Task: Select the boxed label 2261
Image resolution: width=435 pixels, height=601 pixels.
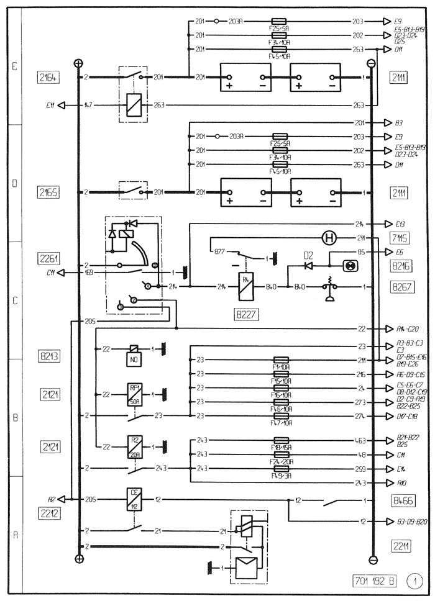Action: tap(47, 258)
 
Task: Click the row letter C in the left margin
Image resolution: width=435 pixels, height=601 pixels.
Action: tap(14, 300)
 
